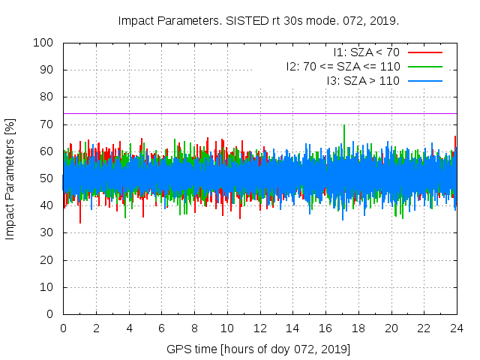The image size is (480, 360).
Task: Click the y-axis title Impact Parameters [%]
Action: tap(10, 178)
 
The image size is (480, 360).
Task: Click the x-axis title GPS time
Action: tap(259, 349)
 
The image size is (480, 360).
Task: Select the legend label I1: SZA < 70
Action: tap(367, 52)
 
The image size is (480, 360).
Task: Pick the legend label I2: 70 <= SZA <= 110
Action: tap(343, 66)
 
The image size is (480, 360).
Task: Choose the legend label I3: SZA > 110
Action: tap(363, 80)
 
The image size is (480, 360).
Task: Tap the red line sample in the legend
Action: tap(424, 52)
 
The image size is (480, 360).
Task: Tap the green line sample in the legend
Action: tap(424, 66)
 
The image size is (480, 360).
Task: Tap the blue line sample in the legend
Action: tap(424, 80)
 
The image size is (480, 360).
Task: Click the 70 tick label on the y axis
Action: tap(49, 124)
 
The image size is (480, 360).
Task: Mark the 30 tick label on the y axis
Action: tap(49, 232)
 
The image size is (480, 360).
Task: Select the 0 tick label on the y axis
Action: tap(52, 314)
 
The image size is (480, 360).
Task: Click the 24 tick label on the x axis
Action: tap(457, 328)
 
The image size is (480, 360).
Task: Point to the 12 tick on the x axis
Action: tap(259, 328)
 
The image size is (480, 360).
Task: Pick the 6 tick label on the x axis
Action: tap(161, 328)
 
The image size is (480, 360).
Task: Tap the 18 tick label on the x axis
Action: tap(358, 328)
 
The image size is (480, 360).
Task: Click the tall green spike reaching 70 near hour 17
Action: tap(344, 127)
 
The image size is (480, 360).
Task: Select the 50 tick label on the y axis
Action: tap(49, 178)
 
